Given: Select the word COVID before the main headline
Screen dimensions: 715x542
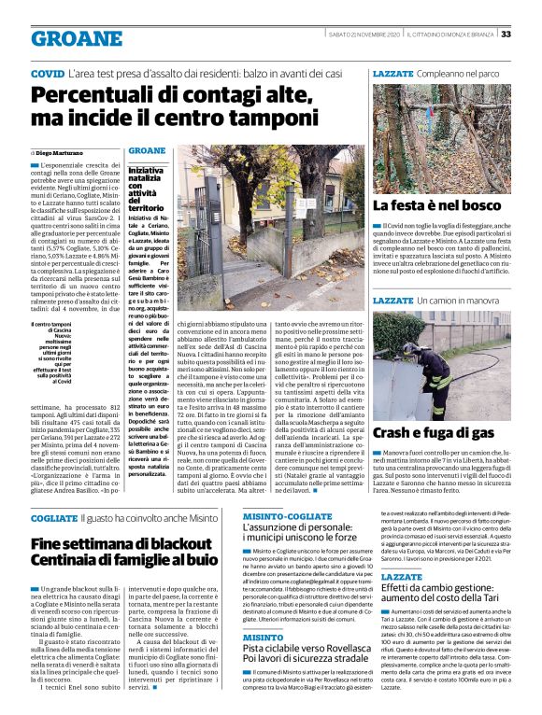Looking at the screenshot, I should click(47, 73).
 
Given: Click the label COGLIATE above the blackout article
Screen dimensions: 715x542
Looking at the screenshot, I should click(53, 515).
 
